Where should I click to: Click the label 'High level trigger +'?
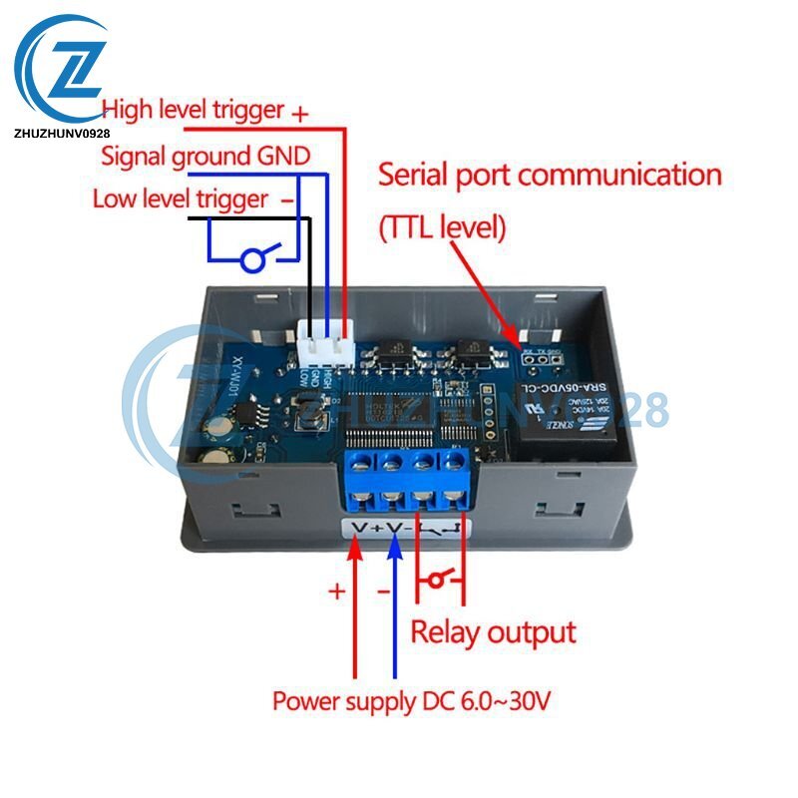pos(205,110)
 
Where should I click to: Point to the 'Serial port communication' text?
pos(549,176)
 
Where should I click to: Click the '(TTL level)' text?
pos(442,228)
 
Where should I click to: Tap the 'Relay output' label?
pos(494,631)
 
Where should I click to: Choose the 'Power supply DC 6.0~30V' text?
pos(411,701)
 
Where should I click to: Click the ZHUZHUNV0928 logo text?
pos(63,131)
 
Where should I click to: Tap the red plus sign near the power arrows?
pos(337,591)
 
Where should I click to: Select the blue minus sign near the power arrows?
pos(383,591)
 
